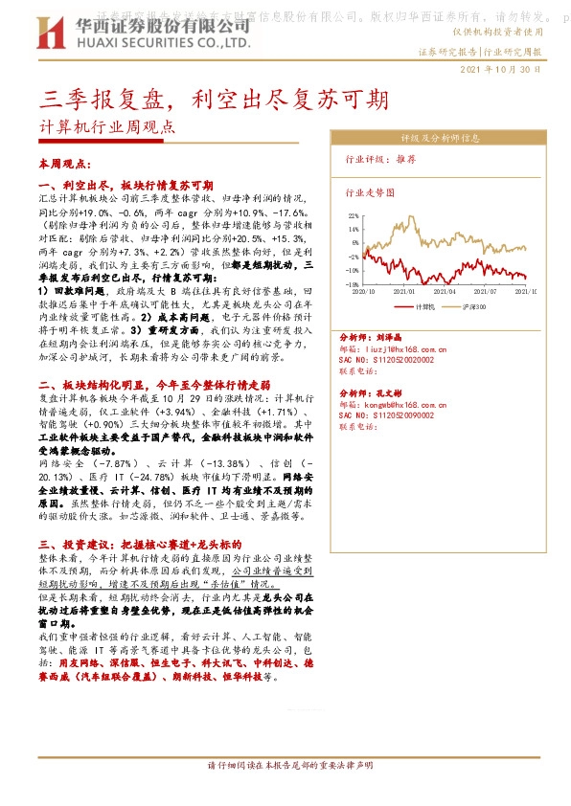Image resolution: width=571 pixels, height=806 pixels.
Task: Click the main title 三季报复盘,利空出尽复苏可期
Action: [216, 99]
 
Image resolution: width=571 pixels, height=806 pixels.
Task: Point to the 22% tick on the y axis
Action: [353, 216]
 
